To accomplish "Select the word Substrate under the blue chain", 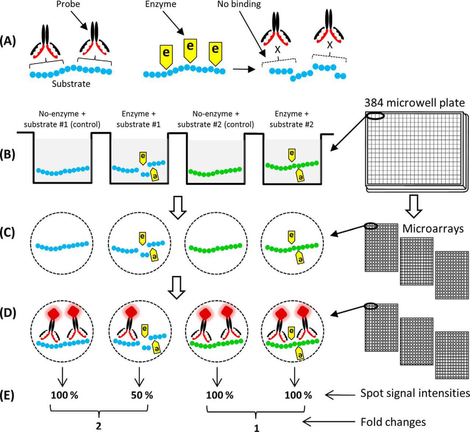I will [71, 84].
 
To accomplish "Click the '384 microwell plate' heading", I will [415, 102].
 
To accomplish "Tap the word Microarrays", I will [433, 229].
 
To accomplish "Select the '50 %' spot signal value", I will [142, 395].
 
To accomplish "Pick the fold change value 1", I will [257, 428].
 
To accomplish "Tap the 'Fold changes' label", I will [393, 422].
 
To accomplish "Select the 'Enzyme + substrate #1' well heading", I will [138, 119].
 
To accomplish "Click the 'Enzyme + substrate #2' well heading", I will [292, 119].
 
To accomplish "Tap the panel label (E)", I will [8, 395].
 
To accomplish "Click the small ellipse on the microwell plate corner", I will [375, 116].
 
